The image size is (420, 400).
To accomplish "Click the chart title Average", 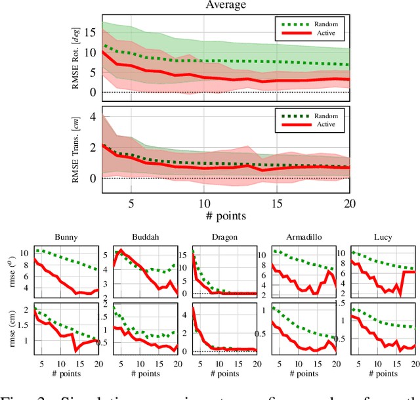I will [226, 5].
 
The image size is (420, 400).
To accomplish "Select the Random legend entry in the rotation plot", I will [306, 24].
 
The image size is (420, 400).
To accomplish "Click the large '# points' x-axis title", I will [225, 215].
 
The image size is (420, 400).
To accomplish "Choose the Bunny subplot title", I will [67, 238].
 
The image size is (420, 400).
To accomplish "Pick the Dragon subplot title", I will [223, 238].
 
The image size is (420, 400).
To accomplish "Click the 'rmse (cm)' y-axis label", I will [9, 330].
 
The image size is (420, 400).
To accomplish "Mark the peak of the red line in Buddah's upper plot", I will [120, 250].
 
